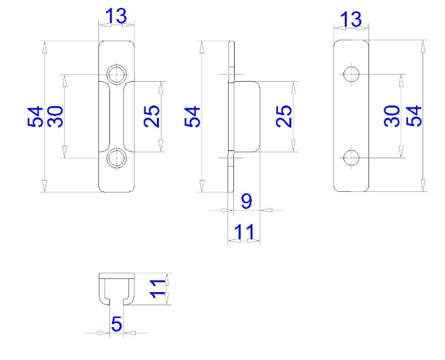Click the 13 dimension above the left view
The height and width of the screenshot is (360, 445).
(x=116, y=17)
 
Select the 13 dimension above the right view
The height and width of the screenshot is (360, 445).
(x=351, y=19)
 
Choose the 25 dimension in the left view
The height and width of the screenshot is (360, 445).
(x=152, y=117)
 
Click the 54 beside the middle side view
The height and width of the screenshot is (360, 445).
(x=192, y=117)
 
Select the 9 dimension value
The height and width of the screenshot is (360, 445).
(x=246, y=201)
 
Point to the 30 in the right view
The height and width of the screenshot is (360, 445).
(x=392, y=116)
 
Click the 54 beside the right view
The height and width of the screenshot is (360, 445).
(x=413, y=116)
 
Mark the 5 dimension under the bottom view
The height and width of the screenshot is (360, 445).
(x=117, y=324)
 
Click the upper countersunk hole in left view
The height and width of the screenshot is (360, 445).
(x=117, y=74)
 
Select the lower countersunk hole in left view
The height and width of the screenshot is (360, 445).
(x=117, y=158)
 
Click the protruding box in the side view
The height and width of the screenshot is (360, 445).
(x=246, y=117)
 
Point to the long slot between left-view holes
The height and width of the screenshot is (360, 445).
(x=117, y=116)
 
